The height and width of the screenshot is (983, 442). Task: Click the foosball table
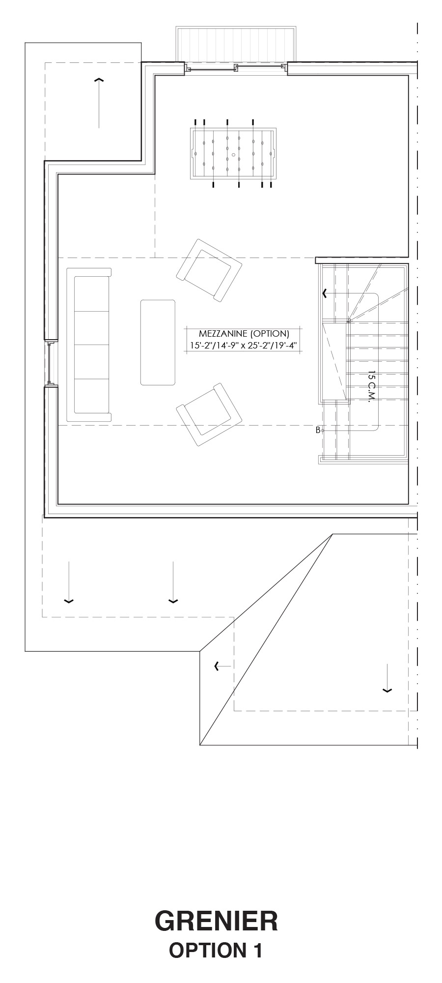233,153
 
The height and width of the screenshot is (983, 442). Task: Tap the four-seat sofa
89,345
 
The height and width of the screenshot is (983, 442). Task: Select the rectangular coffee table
158,343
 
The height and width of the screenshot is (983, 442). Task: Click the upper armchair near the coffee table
209,270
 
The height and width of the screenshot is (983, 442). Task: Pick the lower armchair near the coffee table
209,414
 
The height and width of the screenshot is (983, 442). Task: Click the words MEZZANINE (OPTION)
244,334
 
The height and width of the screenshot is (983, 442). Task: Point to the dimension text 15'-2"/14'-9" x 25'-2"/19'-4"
244,346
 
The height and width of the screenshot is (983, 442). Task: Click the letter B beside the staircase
318,430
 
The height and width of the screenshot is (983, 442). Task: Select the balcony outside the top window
236,45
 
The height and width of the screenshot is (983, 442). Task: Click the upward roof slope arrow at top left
99,102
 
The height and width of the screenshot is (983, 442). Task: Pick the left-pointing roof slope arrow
222,666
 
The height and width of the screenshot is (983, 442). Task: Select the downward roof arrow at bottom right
387,678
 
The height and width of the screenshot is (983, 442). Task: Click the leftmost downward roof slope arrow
69,582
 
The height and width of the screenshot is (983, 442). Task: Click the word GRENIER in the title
216,921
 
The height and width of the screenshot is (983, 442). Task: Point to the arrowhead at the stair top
325,293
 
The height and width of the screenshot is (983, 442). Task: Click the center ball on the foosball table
233,154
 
